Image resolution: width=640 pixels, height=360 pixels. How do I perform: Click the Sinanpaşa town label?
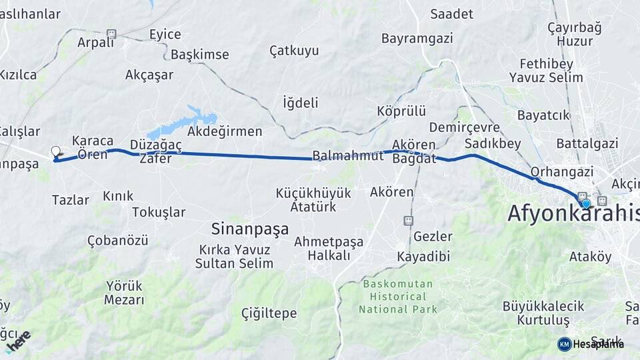pyautogui.click(x=250, y=229)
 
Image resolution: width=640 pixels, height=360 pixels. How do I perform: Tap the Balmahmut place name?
pyautogui.click(x=349, y=156)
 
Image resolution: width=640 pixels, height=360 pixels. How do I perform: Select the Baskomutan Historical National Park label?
pyautogui.click(x=398, y=297)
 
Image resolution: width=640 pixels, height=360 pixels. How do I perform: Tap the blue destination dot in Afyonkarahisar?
pyautogui.click(x=586, y=204)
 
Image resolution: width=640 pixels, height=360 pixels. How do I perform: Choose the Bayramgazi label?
pyautogui.click(x=417, y=39)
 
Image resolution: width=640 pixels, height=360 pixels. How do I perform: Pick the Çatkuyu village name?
pyautogui.click(x=294, y=51)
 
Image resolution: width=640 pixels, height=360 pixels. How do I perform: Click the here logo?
pyautogui.click(x=18, y=340)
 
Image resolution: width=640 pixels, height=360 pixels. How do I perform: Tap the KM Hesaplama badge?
pyautogui.click(x=591, y=344)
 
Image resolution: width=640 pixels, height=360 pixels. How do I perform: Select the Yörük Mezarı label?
pyautogui.click(x=124, y=293)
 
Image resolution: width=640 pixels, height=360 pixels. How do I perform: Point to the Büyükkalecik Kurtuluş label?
pyautogui.click(x=543, y=313)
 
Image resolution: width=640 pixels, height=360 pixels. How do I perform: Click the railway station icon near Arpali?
pyautogui.click(x=111, y=34)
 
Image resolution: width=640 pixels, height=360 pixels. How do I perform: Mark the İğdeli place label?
pyautogui.click(x=301, y=103)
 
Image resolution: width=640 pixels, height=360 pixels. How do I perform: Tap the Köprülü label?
pyautogui.click(x=401, y=111)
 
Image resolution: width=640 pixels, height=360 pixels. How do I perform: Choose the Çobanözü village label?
pyautogui.click(x=118, y=240)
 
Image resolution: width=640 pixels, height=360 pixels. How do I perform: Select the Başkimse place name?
pyautogui.click(x=200, y=55)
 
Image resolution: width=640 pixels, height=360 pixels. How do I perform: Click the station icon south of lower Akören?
pyautogui.click(x=408, y=221)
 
